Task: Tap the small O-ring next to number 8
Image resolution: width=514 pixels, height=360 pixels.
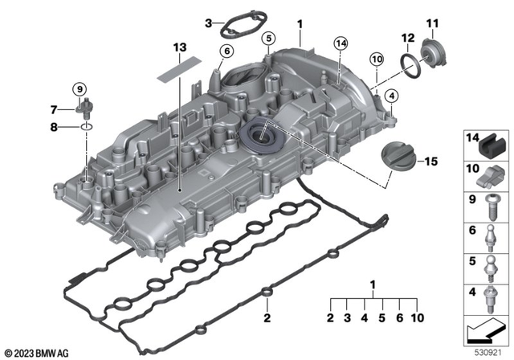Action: click(85, 126)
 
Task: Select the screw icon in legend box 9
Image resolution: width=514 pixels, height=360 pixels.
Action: click(489, 207)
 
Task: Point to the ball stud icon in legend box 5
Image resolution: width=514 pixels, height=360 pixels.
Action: click(489, 267)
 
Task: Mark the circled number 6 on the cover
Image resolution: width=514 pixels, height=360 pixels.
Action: click(226, 51)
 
